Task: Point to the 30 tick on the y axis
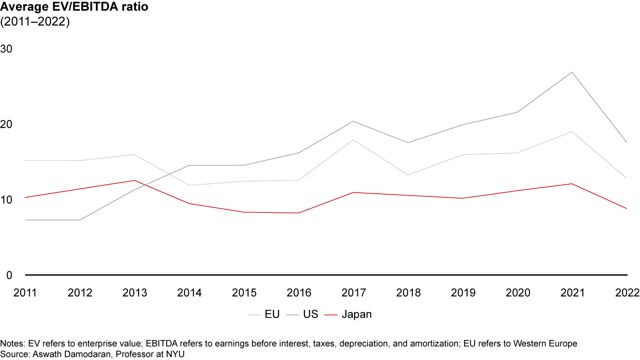[x=7, y=48]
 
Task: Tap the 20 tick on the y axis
[x=7, y=124]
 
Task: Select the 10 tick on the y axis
[x=7, y=200]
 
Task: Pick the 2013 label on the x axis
[x=135, y=293]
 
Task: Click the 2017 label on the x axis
[x=354, y=293]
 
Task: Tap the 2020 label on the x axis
[x=518, y=293]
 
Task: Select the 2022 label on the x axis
[x=627, y=293]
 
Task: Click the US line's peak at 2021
[x=572, y=72]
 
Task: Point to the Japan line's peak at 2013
[x=135, y=180]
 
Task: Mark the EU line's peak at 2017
[x=354, y=140]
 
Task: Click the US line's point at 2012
[x=80, y=220]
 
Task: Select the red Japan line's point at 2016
[x=299, y=213]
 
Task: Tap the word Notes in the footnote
[x=12, y=344]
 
